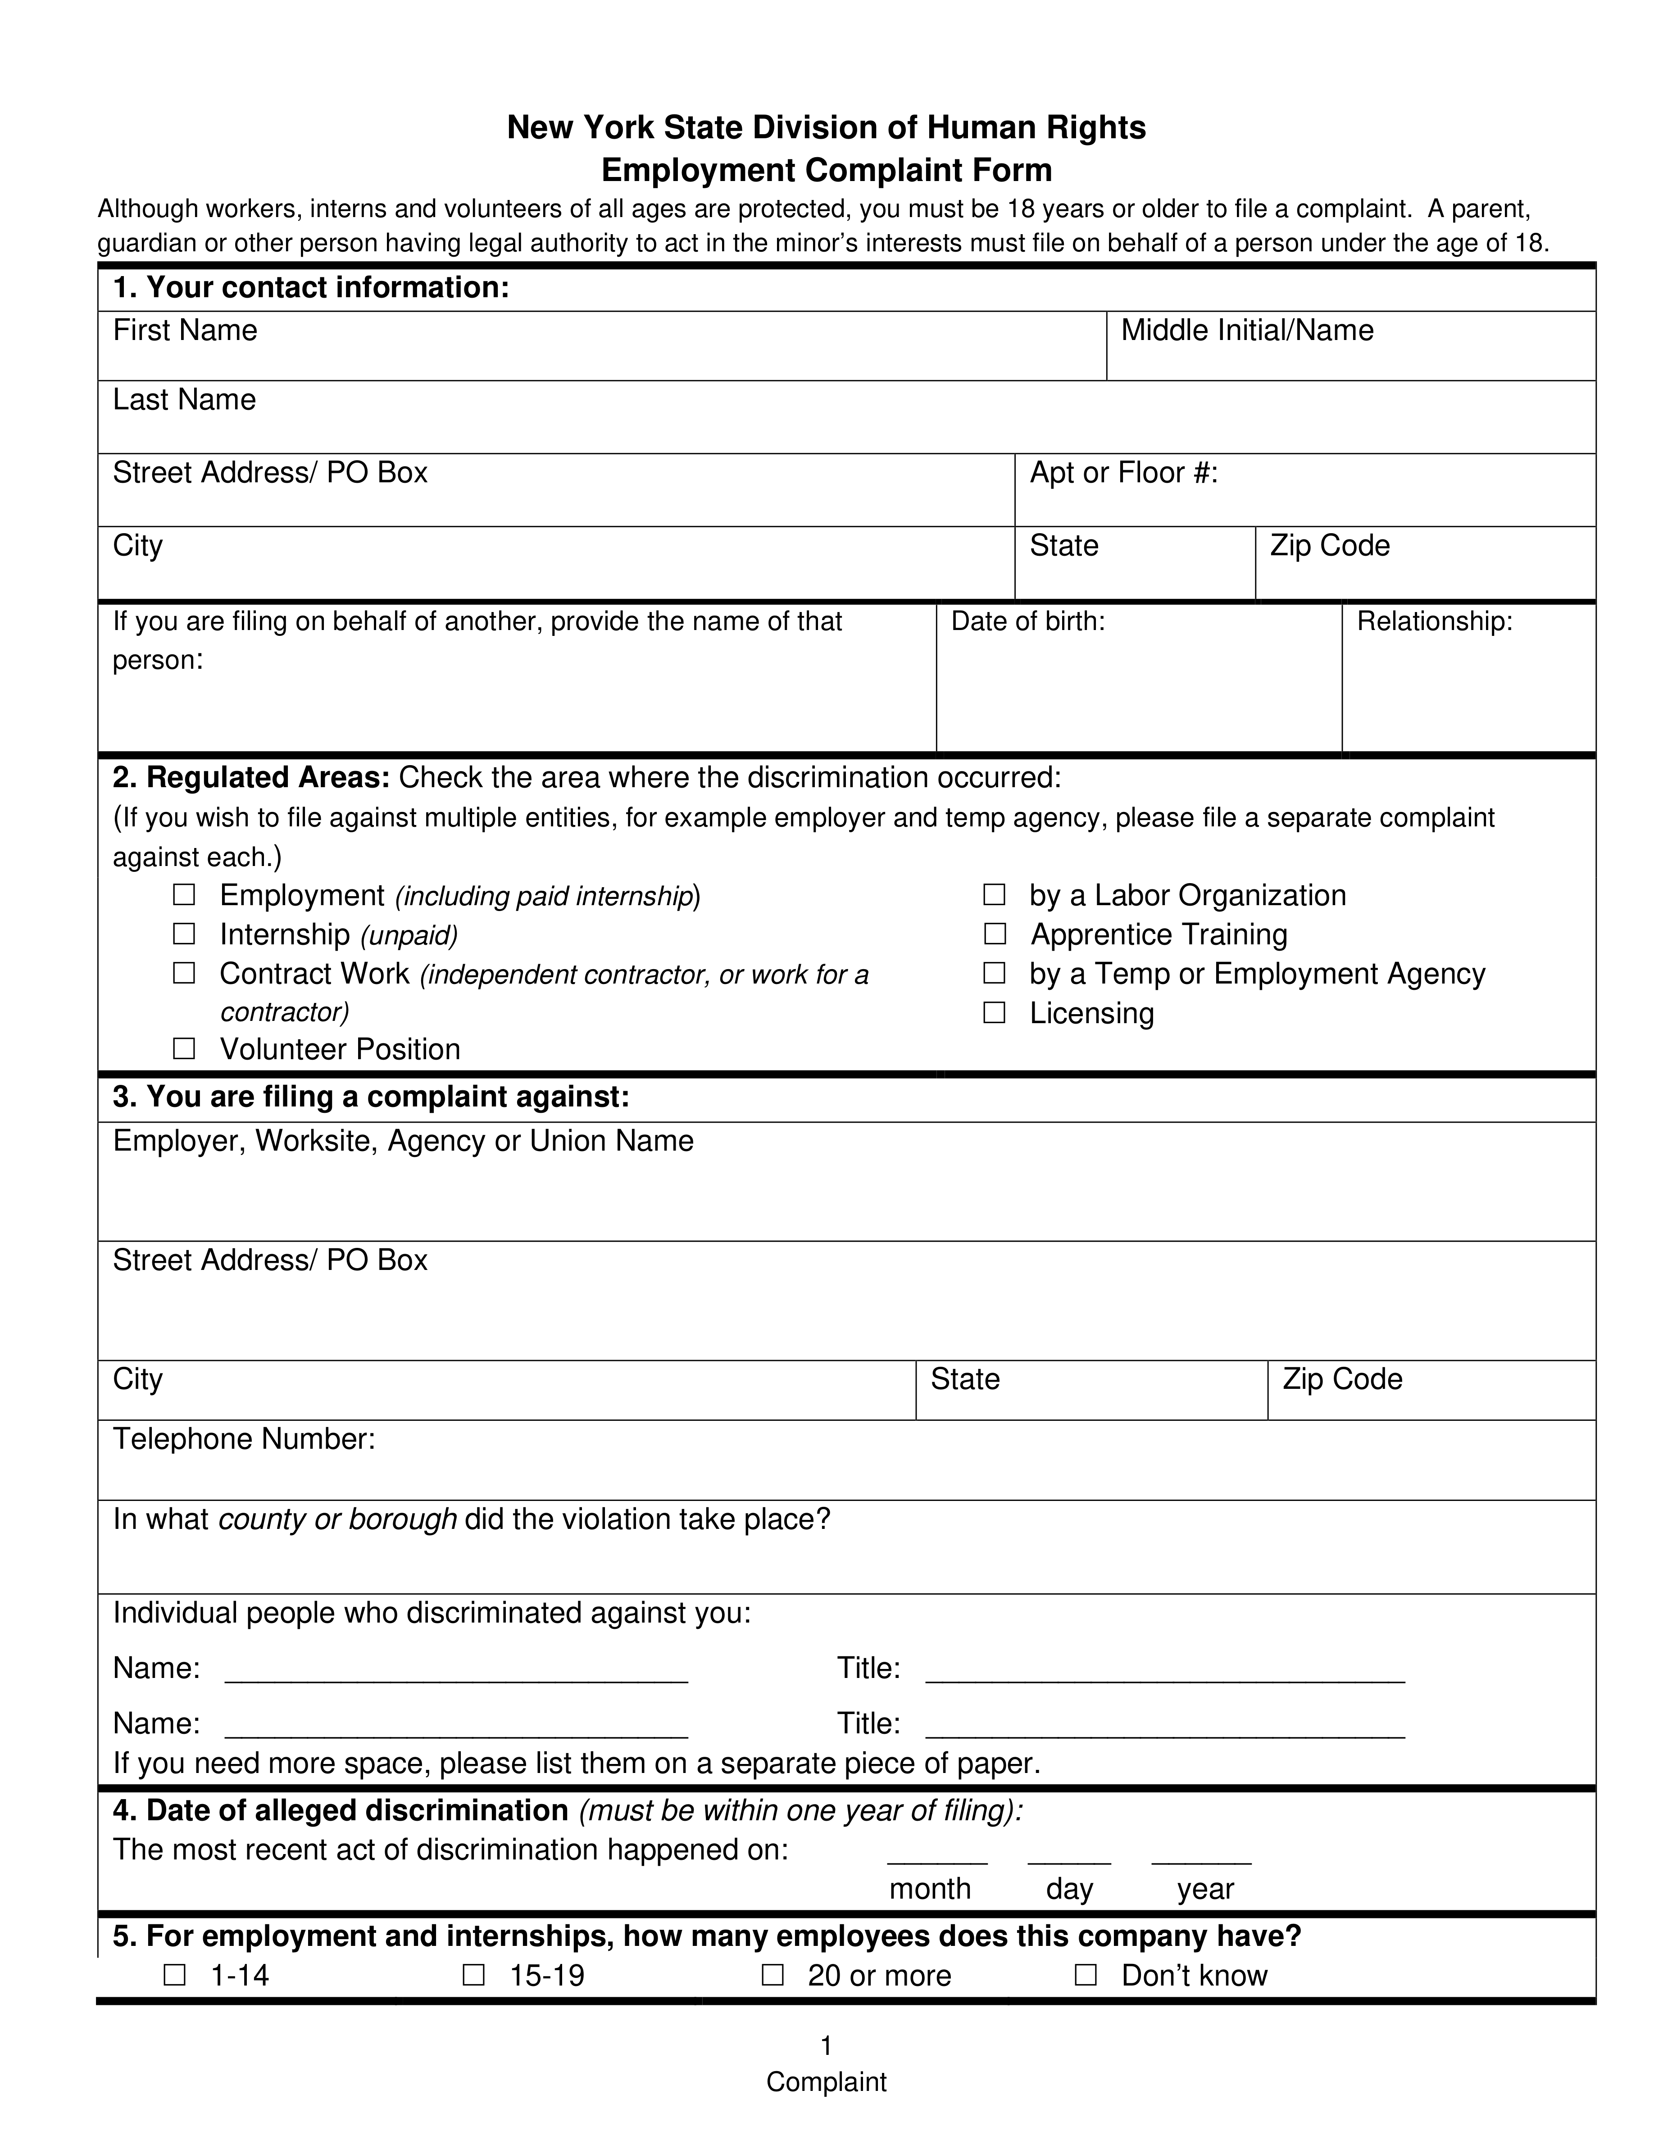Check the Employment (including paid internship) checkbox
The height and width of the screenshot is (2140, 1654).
pos(184,895)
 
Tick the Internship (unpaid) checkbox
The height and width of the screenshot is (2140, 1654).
pos(184,934)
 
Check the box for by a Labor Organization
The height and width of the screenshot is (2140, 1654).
pos(995,895)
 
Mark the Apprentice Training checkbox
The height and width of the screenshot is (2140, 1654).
pos(995,934)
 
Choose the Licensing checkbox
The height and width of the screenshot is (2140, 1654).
pos(995,1012)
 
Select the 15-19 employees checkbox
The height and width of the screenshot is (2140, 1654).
pos(473,1974)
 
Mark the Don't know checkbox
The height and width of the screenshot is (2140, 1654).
pos(1086,1974)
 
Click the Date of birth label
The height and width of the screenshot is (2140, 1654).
pos(1028,621)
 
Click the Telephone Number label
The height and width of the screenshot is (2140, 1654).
pos(244,1438)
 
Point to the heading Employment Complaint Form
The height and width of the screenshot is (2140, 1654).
pos(826,171)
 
